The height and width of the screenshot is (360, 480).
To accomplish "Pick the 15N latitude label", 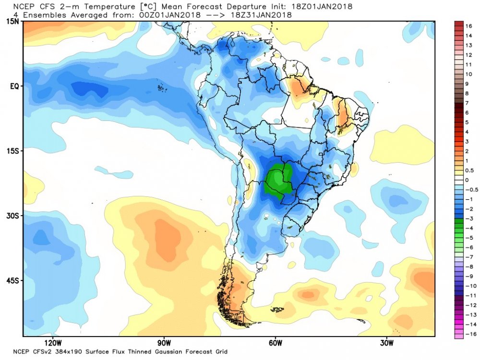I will point(13,22).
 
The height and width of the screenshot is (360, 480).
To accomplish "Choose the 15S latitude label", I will point(13,151).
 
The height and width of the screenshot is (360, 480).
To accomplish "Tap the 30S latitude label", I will point(13,216).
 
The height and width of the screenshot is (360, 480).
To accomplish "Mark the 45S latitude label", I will point(13,281).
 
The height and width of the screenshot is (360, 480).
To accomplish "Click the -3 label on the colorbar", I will point(468,218).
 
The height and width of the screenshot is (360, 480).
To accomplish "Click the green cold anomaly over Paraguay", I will point(277,180).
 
